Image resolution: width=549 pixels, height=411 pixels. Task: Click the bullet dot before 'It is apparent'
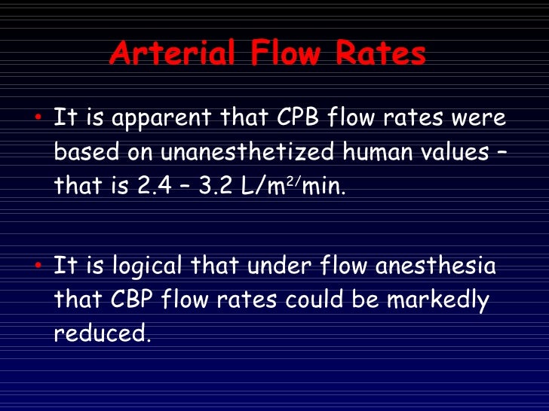tap(38, 118)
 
